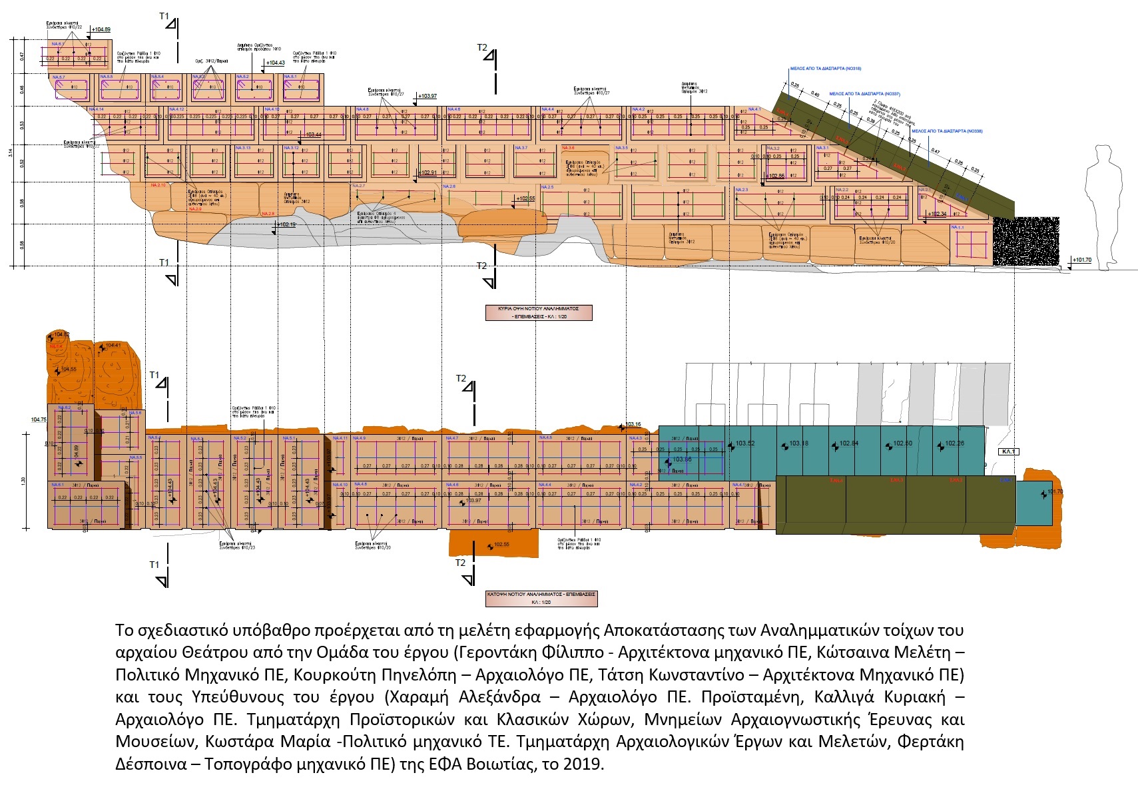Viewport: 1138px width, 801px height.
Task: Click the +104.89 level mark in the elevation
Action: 101,30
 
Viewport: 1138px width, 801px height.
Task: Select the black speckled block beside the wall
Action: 1025,240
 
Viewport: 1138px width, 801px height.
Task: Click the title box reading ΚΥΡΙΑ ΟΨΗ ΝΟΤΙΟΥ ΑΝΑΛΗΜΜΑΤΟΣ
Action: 539,312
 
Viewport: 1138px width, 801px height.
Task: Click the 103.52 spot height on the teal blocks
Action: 744,443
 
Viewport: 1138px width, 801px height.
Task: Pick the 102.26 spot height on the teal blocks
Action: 954,443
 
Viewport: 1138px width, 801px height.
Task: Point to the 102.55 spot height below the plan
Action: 500,545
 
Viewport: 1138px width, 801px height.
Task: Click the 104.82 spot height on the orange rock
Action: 61,334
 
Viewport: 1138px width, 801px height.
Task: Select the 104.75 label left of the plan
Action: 39,420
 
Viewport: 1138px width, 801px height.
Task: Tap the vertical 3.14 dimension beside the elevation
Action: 11,152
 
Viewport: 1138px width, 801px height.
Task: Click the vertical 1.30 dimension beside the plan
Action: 23,480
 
